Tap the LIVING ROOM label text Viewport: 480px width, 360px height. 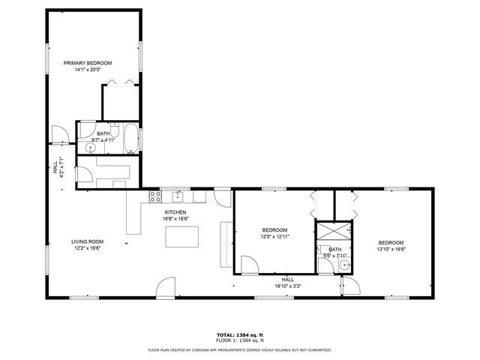click(x=86, y=241)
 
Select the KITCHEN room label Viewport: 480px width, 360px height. click(x=175, y=212)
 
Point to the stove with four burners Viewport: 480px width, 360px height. click(x=156, y=197)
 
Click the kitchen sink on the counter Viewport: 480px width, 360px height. click(x=178, y=196)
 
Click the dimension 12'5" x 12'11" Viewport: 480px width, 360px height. click(x=274, y=237)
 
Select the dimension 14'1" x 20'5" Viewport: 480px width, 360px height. click(x=88, y=70)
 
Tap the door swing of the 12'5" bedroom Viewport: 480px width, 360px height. click(x=248, y=264)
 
